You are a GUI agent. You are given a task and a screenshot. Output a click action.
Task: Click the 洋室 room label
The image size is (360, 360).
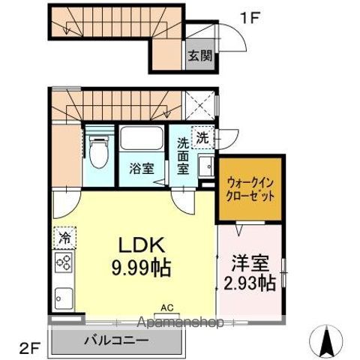click(250, 264)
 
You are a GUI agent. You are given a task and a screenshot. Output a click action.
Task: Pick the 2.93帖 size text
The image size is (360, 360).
click(250, 283)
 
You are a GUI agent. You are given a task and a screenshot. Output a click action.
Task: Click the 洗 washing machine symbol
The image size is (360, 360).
click(202, 137)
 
